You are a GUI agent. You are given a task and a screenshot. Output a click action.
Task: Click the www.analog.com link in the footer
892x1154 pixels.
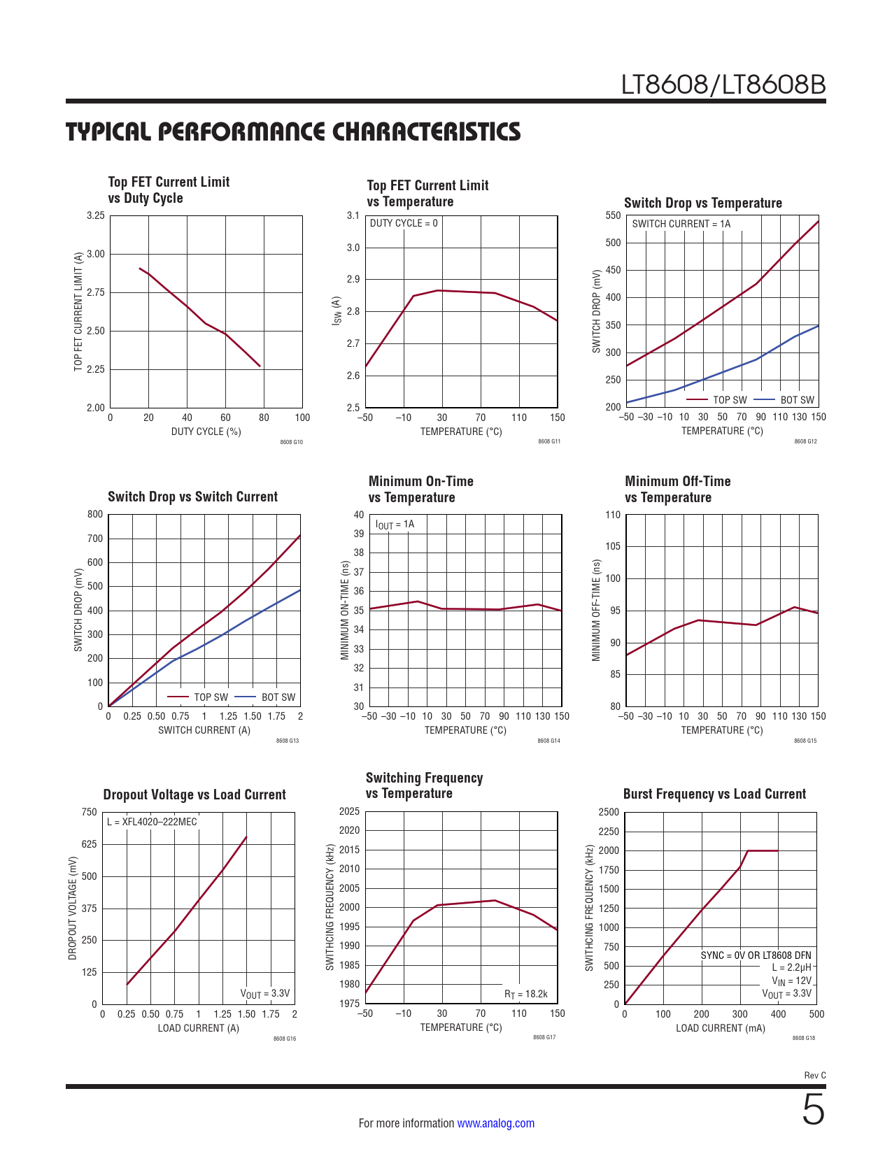click(x=495, y=1123)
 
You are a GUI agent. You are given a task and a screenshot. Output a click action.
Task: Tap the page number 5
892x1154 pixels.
click(x=813, y=1110)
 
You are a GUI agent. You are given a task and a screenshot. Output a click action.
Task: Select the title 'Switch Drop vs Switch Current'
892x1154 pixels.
click(x=192, y=497)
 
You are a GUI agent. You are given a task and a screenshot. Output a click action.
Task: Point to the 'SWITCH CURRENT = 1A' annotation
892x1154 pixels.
click(x=681, y=224)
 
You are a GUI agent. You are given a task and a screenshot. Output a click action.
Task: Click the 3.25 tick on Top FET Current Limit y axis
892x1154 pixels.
click(x=96, y=215)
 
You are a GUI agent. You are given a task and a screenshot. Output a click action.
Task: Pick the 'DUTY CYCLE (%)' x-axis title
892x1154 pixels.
click(x=206, y=432)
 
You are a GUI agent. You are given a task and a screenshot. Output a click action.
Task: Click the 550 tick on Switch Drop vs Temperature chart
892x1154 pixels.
click(x=613, y=215)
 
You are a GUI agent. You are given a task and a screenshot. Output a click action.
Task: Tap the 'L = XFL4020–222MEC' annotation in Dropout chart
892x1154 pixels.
click(x=152, y=822)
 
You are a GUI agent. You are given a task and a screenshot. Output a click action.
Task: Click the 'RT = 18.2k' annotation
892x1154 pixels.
click(x=525, y=994)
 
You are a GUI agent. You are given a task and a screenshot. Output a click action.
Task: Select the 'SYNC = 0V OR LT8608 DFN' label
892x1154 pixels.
click(x=756, y=955)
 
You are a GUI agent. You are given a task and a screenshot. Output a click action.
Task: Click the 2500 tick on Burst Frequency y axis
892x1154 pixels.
click(x=609, y=812)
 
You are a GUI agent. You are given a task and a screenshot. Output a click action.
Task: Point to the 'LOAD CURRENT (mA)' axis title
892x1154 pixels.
click(x=720, y=1028)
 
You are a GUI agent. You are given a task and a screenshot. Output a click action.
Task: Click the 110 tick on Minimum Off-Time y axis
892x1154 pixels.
click(x=613, y=515)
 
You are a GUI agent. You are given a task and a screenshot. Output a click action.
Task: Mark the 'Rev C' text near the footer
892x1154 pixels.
click(x=814, y=1075)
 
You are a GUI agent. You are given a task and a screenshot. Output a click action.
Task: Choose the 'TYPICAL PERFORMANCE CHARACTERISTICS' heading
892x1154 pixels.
click(x=293, y=131)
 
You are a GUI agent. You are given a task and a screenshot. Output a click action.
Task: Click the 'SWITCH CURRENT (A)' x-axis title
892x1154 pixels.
click(x=204, y=730)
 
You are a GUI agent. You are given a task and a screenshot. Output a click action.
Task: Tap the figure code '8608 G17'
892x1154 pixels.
click(x=544, y=1037)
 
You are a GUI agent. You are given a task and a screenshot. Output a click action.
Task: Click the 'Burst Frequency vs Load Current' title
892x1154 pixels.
click(x=714, y=794)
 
